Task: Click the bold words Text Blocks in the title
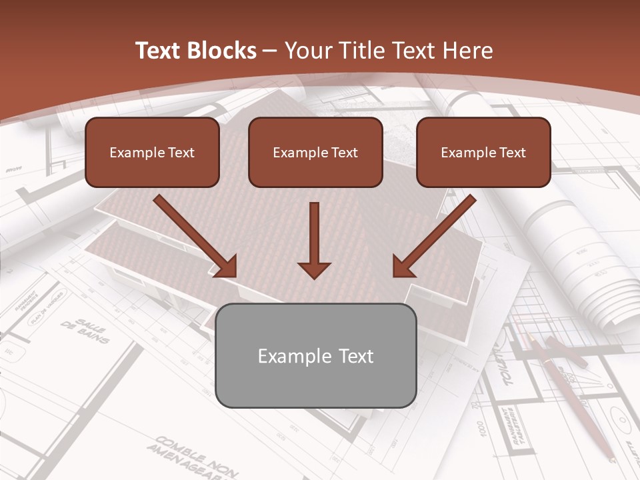tap(195, 51)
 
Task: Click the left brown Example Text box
tap(152, 153)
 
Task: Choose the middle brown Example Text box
tap(315, 153)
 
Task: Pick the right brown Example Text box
tap(483, 153)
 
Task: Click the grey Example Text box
tap(315, 355)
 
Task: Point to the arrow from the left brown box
tap(195, 236)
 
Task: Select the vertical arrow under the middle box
tap(314, 240)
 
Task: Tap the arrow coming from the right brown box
tap(434, 236)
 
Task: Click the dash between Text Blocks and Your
tap(271, 51)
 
